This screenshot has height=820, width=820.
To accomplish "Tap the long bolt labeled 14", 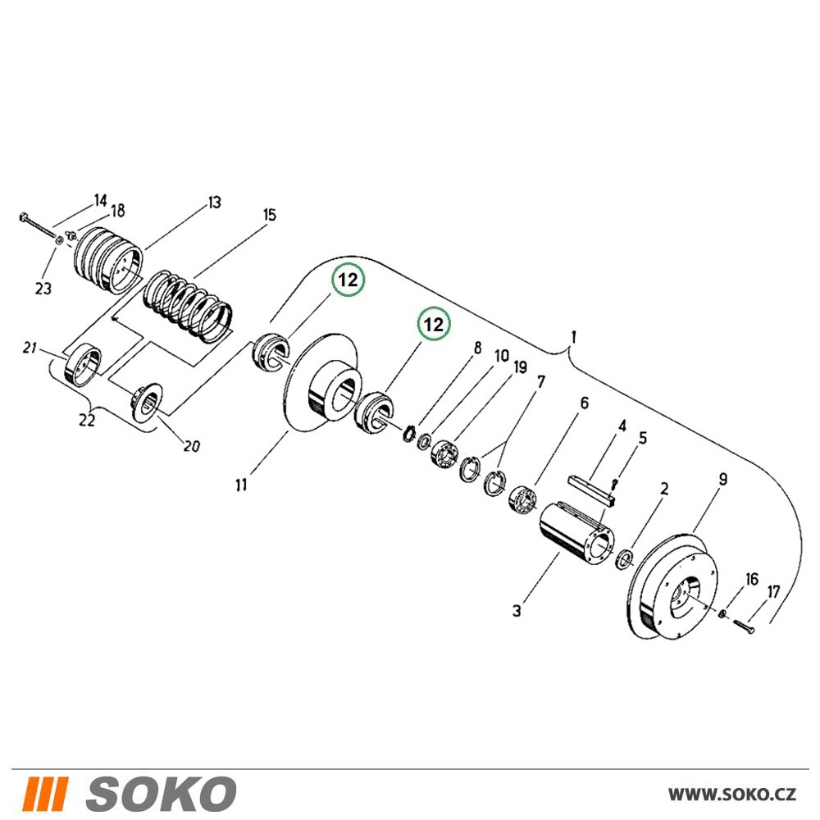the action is [x=39, y=226].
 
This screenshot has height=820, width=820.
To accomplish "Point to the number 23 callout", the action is [x=43, y=288].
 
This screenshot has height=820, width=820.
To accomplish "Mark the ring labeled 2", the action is [x=626, y=559].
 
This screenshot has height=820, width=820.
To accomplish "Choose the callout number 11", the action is [x=241, y=485].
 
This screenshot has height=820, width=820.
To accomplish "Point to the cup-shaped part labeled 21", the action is [x=83, y=365].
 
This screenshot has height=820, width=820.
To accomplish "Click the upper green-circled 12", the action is [x=348, y=280].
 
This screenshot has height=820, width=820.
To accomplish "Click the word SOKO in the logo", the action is [x=161, y=795].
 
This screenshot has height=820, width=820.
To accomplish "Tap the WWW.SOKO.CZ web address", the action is [x=732, y=795].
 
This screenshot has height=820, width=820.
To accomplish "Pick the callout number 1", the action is [x=574, y=337].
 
